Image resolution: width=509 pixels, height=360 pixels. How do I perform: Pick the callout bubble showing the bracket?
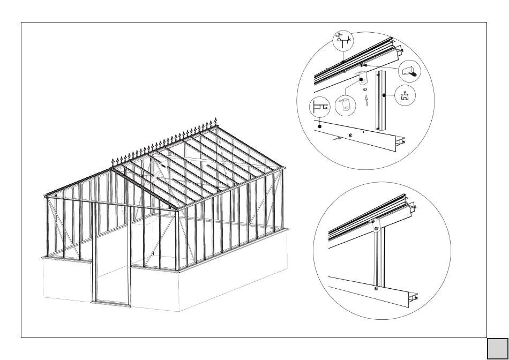(345, 104)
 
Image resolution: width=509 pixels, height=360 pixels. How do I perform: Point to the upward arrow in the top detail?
(365, 100)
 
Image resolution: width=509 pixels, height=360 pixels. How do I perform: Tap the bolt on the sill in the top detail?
(349, 134)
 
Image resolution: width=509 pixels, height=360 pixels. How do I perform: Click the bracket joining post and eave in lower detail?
(376, 225)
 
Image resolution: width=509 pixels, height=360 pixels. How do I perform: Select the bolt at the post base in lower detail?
(375, 289)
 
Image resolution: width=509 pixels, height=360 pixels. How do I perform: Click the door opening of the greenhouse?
(111, 257)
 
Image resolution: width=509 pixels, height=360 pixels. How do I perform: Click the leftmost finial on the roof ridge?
(113, 161)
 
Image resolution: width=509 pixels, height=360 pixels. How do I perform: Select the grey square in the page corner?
(497, 348)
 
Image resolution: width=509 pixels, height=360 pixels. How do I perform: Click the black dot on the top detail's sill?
(319, 126)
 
